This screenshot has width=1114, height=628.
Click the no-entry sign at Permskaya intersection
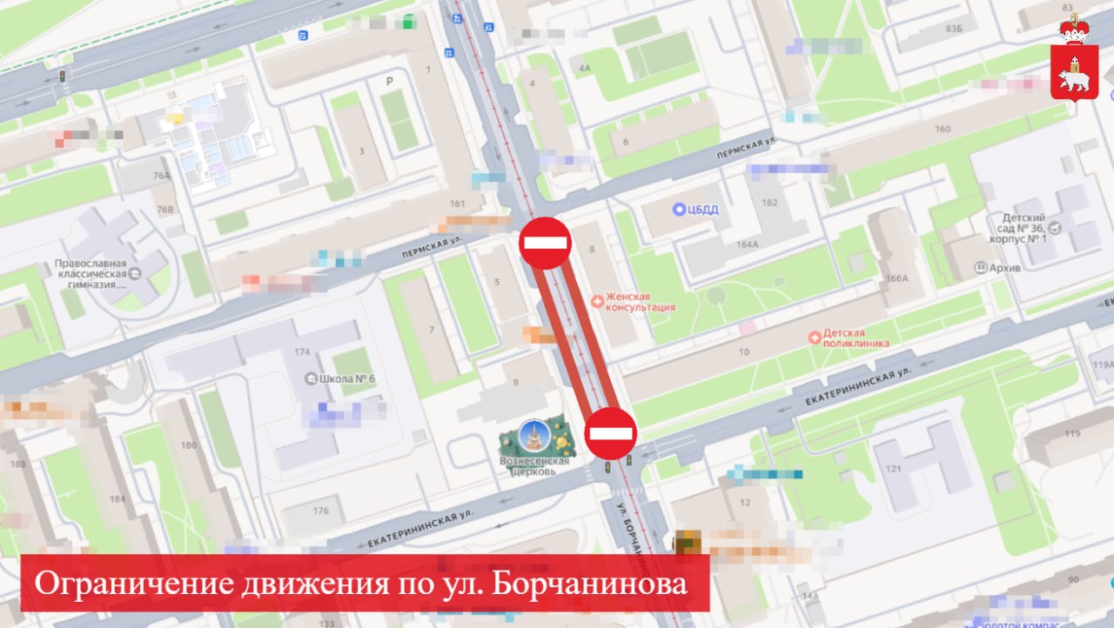[x=545, y=243]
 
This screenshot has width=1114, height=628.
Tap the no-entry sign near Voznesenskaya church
[x=610, y=432]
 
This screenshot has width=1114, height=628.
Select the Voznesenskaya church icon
[x=534, y=435]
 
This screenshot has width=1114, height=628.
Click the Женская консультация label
[x=640, y=302]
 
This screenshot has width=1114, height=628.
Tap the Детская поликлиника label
[x=856, y=337]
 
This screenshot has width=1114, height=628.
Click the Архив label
[x=1004, y=268]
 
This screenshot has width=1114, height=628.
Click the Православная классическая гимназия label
[x=91, y=273]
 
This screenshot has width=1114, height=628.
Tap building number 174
[x=302, y=351]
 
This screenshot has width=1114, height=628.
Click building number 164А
[x=746, y=244]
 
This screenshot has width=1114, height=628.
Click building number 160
[x=942, y=130]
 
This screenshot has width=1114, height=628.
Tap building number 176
[x=321, y=511]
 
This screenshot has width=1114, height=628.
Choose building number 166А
[x=897, y=278]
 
